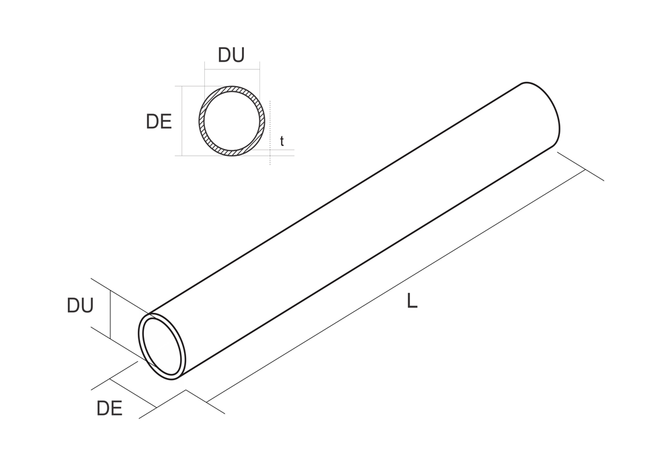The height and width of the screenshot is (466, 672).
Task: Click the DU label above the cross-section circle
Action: coord(231,55)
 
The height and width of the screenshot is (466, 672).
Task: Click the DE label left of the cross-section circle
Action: coord(159,122)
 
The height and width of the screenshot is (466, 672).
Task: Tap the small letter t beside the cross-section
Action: coord(282,141)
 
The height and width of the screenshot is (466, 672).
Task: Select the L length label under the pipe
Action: coord(412,301)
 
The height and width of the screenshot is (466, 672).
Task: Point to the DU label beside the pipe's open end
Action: coord(80,306)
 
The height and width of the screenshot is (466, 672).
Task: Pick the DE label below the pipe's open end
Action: coord(110,408)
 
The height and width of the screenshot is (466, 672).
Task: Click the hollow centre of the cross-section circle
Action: coord(232,121)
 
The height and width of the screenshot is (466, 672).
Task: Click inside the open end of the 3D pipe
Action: coord(161,346)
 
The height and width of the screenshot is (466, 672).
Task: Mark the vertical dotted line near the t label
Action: coord(270,133)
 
